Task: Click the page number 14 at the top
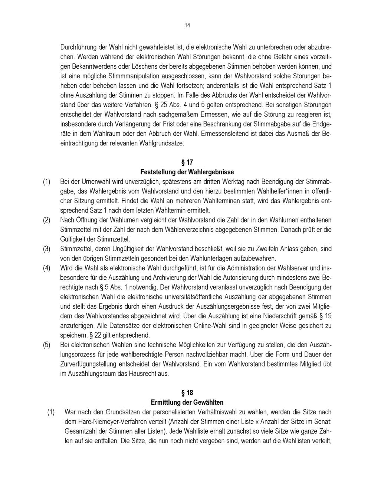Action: (187, 25)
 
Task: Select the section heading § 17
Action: (187, 162)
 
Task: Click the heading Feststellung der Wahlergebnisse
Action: (187, 172)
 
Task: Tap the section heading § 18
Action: (187, 393)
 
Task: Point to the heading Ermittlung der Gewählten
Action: (187, 402)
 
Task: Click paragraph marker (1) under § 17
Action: (46, 182)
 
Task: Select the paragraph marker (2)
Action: (46, 220)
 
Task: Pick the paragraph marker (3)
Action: (46, 249)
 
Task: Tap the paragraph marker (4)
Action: (46, 268)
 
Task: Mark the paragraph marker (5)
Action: (46, 345)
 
